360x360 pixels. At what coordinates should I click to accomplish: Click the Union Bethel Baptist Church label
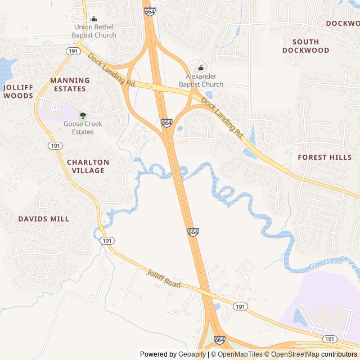94,31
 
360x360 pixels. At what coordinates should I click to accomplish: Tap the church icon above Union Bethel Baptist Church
94,19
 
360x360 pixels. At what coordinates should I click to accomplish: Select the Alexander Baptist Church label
201,80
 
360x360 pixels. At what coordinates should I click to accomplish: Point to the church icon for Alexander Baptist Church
201,68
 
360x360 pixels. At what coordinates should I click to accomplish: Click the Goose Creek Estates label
79,128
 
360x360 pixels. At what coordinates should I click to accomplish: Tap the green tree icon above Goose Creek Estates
83,115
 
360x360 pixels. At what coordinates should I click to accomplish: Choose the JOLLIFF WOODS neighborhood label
18,92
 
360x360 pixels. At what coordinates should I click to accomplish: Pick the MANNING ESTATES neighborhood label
70,84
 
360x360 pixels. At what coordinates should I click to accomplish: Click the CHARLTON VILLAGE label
88,166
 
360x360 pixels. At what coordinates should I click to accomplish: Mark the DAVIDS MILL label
43,219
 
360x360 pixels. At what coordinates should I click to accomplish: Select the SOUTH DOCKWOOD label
305,46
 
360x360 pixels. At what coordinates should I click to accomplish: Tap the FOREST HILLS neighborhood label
325,157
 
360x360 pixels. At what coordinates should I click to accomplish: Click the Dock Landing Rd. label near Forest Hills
222,119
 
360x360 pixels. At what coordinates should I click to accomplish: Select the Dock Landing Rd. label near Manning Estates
112,70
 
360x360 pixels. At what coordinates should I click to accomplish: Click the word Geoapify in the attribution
192,354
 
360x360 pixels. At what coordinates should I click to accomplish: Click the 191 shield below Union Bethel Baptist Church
72,51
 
